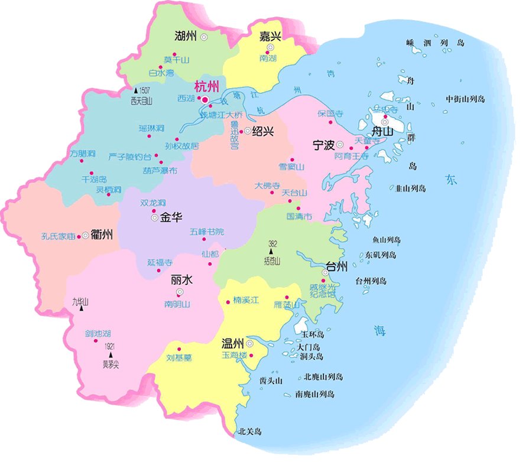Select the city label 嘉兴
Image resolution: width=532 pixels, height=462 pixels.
click(x=270, y=37)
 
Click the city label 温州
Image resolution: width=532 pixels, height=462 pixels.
click(x=233, y=343)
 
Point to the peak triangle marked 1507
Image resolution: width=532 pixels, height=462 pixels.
click(x=136, y=91)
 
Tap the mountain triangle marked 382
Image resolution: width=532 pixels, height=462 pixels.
click(x=272, y=252)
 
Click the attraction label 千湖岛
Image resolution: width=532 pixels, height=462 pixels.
click(x=93, y=178)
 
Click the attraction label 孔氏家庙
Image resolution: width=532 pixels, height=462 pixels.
click(x=59, y=236)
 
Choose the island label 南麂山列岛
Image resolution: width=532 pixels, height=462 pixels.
click(x=315, y=394)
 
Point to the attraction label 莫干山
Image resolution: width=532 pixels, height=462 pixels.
click(x=175, y=60)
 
